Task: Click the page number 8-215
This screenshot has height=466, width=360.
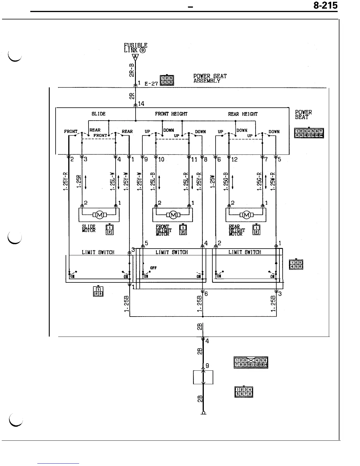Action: click(x=325, y=6)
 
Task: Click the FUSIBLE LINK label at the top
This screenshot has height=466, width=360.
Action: click(x=135, y=48)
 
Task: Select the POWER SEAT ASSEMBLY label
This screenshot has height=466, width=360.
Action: click(x=210, y=78)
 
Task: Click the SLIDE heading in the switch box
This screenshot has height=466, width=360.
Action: click(x=98, y=114)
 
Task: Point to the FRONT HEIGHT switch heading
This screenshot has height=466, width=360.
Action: click(x=171, y=114)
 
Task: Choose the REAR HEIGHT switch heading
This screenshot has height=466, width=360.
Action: click(x=243, y=114)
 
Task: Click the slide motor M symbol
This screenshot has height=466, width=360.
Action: click(x=100, y=215)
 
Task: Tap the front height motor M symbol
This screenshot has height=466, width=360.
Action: click(x=173, y=215)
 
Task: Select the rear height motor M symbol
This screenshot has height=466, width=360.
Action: click(x=246, y=215)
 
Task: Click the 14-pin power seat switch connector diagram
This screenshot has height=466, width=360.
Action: click(x=309, y=133)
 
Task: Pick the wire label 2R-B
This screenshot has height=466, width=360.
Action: click(x=132, y=70)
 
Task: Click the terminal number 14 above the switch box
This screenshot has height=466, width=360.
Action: click(x=141, y=104)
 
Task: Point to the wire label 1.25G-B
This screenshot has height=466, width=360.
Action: click(x=226, y=182)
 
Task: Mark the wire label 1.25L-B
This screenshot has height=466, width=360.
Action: click(x=153, y=182)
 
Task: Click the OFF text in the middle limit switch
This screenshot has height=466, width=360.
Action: click(x=153, y=268)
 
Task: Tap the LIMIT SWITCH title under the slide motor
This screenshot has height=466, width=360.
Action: click(x=98, y=252)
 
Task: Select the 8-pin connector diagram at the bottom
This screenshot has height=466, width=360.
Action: click(x=244, y=392)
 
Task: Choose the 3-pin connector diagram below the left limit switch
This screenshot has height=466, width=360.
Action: click(x=98, y=291)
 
